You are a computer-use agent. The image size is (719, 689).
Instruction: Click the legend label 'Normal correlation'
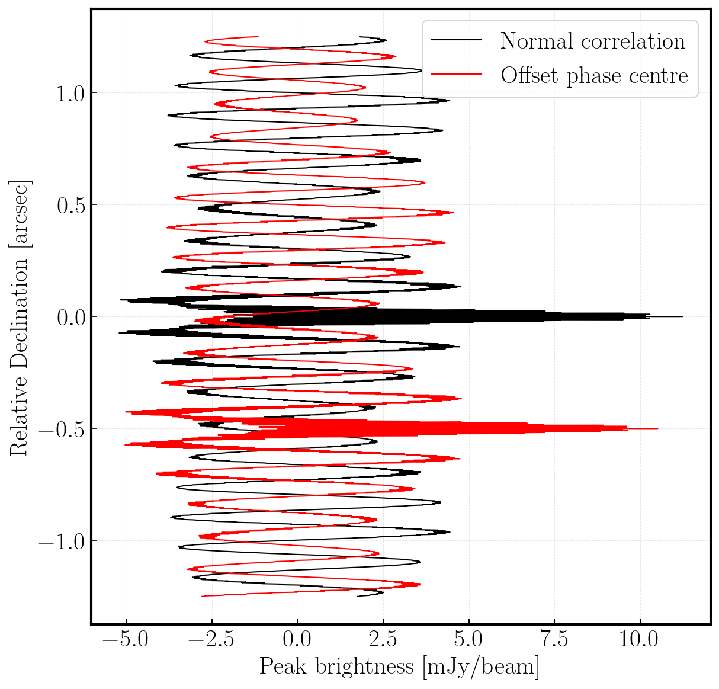pyautogui.click(x=593, y=41)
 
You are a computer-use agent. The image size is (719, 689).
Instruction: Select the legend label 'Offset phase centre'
pyautogui.click(x=594, y=75)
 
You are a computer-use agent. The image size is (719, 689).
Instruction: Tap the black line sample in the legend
pyautogui.click(x=456, y=40)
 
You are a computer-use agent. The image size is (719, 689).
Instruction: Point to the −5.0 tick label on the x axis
pyautogui.click(x=120, y=640)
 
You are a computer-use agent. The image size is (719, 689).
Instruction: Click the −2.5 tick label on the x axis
pyautogui.click(x=206, y=640)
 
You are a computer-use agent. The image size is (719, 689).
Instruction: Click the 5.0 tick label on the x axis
pyautogui.click(x=468, y=640)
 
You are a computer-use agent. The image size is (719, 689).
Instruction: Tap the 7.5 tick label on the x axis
pyautogui.click(x=554, y=640)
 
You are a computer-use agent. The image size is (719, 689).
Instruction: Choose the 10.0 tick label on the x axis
pyautogui.click(x=640, y=640)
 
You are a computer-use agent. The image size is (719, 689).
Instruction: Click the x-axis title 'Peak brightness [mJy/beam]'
pyautogui.click(x=400, y=667)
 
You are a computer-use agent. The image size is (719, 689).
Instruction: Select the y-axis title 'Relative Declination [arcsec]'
pyautogui.click(x=20, y=317)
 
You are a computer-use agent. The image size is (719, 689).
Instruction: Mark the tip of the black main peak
pyautogui.click(x=682, y=316)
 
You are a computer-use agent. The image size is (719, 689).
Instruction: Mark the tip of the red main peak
pyautogui.click(x=657, y=428)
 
